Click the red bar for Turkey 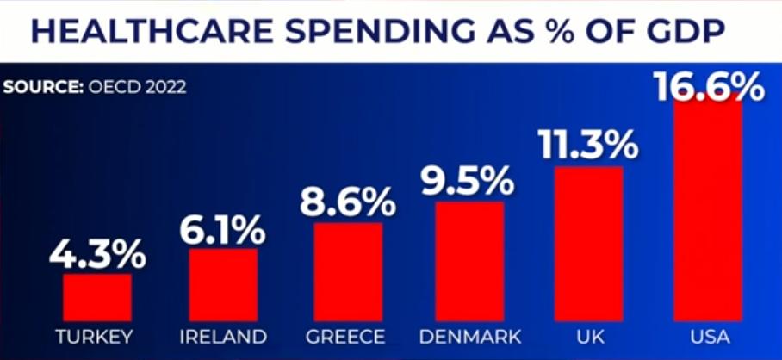(97, 297)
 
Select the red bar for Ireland (223, 284)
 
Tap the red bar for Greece (348, 271)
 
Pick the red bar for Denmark (469, 261)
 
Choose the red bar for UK (588, 244)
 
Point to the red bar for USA (708, 211)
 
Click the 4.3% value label (97, 254)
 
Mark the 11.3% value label (588, 145)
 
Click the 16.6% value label (708, 86)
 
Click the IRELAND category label (223, 336)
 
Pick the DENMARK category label (469, 336)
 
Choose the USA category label (708, 336)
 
